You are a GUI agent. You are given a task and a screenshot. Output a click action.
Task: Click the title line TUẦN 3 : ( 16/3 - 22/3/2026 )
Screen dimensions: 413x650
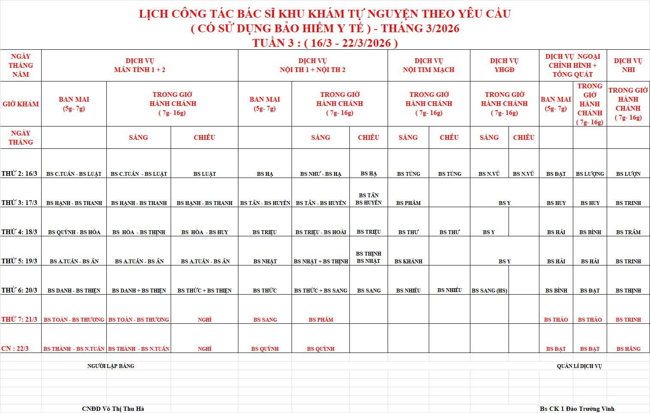point(325,43)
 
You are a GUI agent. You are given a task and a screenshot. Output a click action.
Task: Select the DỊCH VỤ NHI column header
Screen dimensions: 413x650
point(628,65)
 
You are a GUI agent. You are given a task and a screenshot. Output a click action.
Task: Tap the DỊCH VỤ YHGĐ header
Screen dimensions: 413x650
point(504,65)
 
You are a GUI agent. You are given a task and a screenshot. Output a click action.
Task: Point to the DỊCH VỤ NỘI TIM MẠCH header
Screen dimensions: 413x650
point(428,65)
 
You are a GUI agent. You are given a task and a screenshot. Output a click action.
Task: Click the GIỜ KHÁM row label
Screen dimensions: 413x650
point(21,104)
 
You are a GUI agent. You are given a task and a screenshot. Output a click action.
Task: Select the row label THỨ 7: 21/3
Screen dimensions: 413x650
point(19,320)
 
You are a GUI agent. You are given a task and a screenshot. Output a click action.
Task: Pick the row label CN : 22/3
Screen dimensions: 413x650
point(15,349)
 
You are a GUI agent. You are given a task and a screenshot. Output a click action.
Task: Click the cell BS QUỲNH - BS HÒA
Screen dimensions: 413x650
point(74,232)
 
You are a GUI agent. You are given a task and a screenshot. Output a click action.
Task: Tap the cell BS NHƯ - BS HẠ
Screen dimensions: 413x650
point(321,174)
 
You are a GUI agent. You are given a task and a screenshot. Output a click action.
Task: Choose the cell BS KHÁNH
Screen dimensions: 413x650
point(408,261)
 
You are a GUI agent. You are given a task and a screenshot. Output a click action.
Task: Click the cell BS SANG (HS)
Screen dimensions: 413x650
point(489,291)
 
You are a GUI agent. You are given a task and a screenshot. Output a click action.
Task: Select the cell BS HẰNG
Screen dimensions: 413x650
point(628,349)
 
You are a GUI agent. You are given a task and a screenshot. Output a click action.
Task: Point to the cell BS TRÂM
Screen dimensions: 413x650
point(628,232)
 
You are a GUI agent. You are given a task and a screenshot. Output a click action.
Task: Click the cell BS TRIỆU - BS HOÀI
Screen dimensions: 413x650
point(321,232)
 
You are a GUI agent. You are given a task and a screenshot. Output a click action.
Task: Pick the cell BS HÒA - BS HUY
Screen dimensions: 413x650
point(205,232)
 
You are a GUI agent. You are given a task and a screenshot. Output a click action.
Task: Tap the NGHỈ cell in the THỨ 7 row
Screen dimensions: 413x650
point(205,320)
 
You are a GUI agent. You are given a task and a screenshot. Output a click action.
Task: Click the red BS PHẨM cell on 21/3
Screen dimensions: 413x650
point(321,320)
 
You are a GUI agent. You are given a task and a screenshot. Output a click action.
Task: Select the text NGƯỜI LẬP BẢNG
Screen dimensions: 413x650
point(111,366)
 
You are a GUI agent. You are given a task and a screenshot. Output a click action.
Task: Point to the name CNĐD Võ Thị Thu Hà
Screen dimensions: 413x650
point(113,409)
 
